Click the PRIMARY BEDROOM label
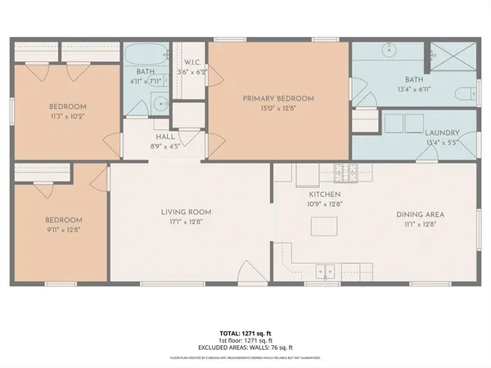(x=278, y=98)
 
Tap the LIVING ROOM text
(x=187, y=213)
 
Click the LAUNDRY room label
(x=442, y=132)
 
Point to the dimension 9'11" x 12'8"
(x=63, y=230)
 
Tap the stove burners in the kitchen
(x=345, y=173)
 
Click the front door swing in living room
(x=250, y=272)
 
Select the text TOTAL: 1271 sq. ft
(x=245, y=334)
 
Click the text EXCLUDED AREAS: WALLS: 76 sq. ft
(x=245, y=348)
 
